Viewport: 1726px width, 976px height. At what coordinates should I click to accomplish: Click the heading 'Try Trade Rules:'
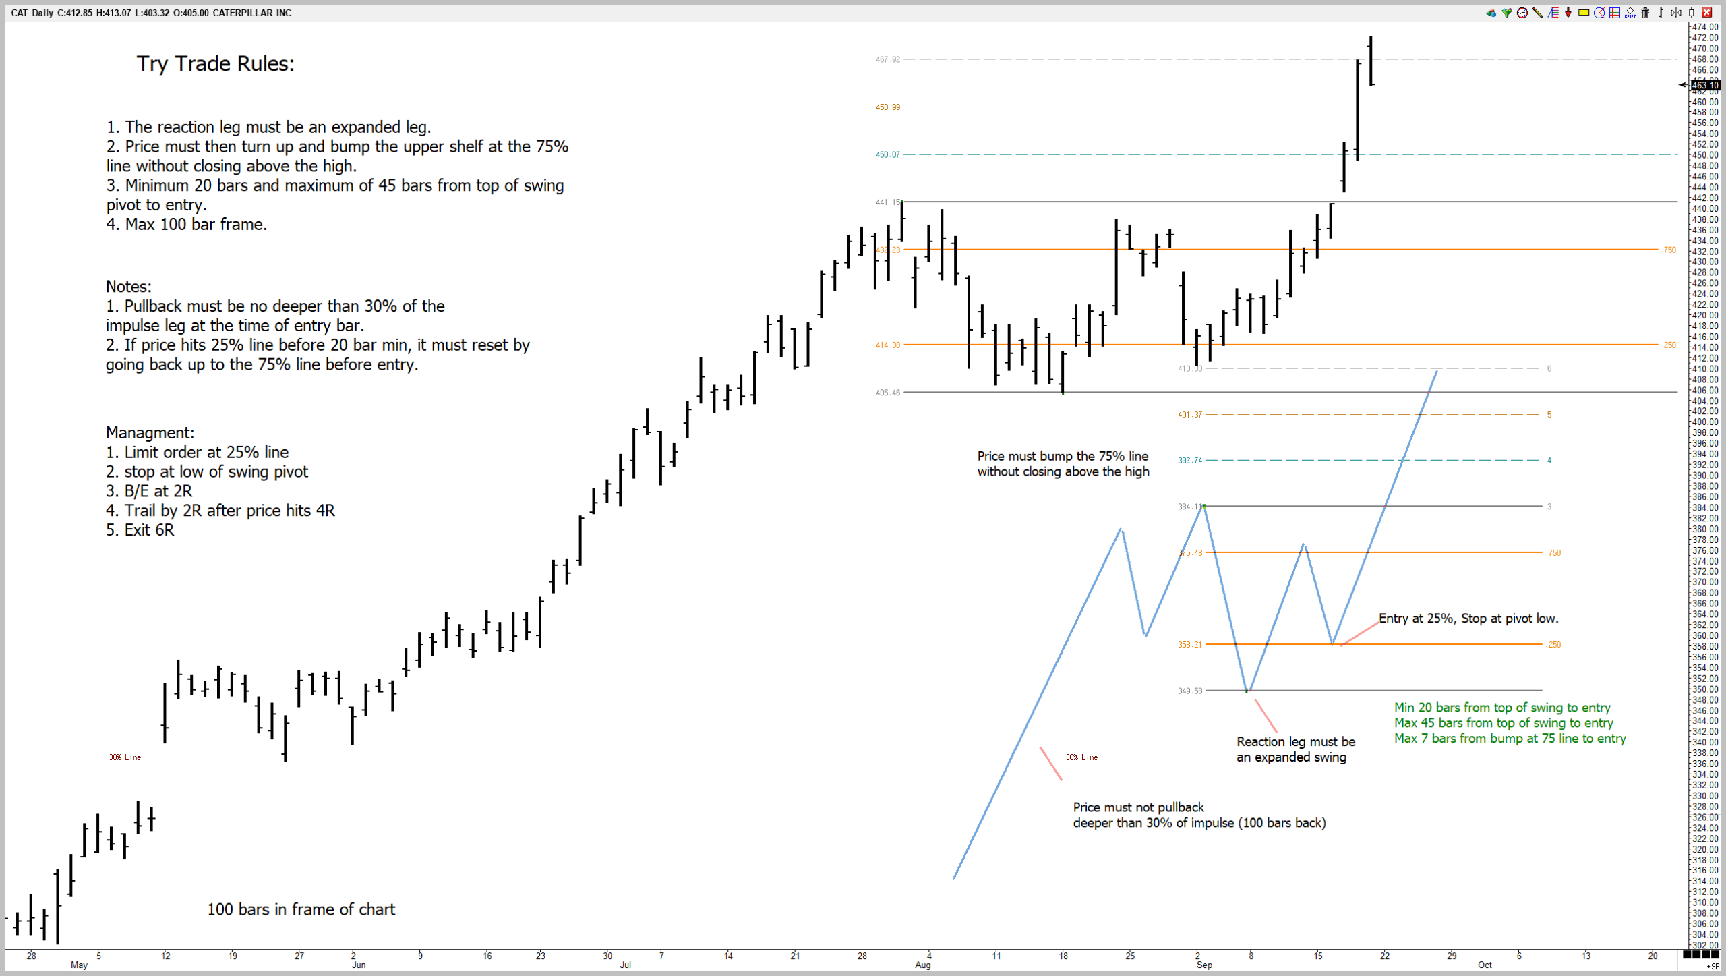tap(215, 64)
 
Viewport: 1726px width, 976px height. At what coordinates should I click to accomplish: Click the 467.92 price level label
tap(887, 59)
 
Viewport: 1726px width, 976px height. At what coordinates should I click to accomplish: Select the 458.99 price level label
tap(887, 107)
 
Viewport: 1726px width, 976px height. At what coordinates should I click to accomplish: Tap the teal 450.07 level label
tap(887, 155)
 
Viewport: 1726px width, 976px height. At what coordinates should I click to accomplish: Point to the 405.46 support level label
tap(887, 393)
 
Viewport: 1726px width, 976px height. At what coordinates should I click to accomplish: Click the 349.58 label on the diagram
tap(1189, 691)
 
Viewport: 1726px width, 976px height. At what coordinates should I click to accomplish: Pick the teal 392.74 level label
tap(1189, 461)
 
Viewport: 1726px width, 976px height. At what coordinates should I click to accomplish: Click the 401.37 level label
tap(1189, 415)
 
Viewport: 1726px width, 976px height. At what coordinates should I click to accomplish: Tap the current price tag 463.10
tap(1704, 85)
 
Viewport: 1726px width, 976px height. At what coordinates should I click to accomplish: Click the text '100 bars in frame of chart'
tap(301, 909)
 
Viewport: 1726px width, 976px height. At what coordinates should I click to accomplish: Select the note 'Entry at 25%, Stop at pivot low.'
tap(1468, 619)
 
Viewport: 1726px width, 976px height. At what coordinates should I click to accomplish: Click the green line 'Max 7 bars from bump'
tap(1510, 739)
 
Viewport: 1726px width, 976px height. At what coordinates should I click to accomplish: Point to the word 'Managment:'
tap(150, 433)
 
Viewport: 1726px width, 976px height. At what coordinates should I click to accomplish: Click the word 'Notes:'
tap(128, 287)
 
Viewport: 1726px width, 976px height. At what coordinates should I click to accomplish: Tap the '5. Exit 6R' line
tap(140, 530)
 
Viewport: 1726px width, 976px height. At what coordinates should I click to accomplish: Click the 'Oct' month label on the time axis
tap(1484, 965)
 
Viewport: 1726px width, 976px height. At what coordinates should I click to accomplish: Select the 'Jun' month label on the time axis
tap(359, 965)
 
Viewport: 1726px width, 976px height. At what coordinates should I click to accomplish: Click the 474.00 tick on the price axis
tap(1704, 27)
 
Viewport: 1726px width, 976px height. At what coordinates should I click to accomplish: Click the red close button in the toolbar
tap(1707, 13)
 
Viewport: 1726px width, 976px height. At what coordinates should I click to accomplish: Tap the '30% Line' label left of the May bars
tap(125, 757)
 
